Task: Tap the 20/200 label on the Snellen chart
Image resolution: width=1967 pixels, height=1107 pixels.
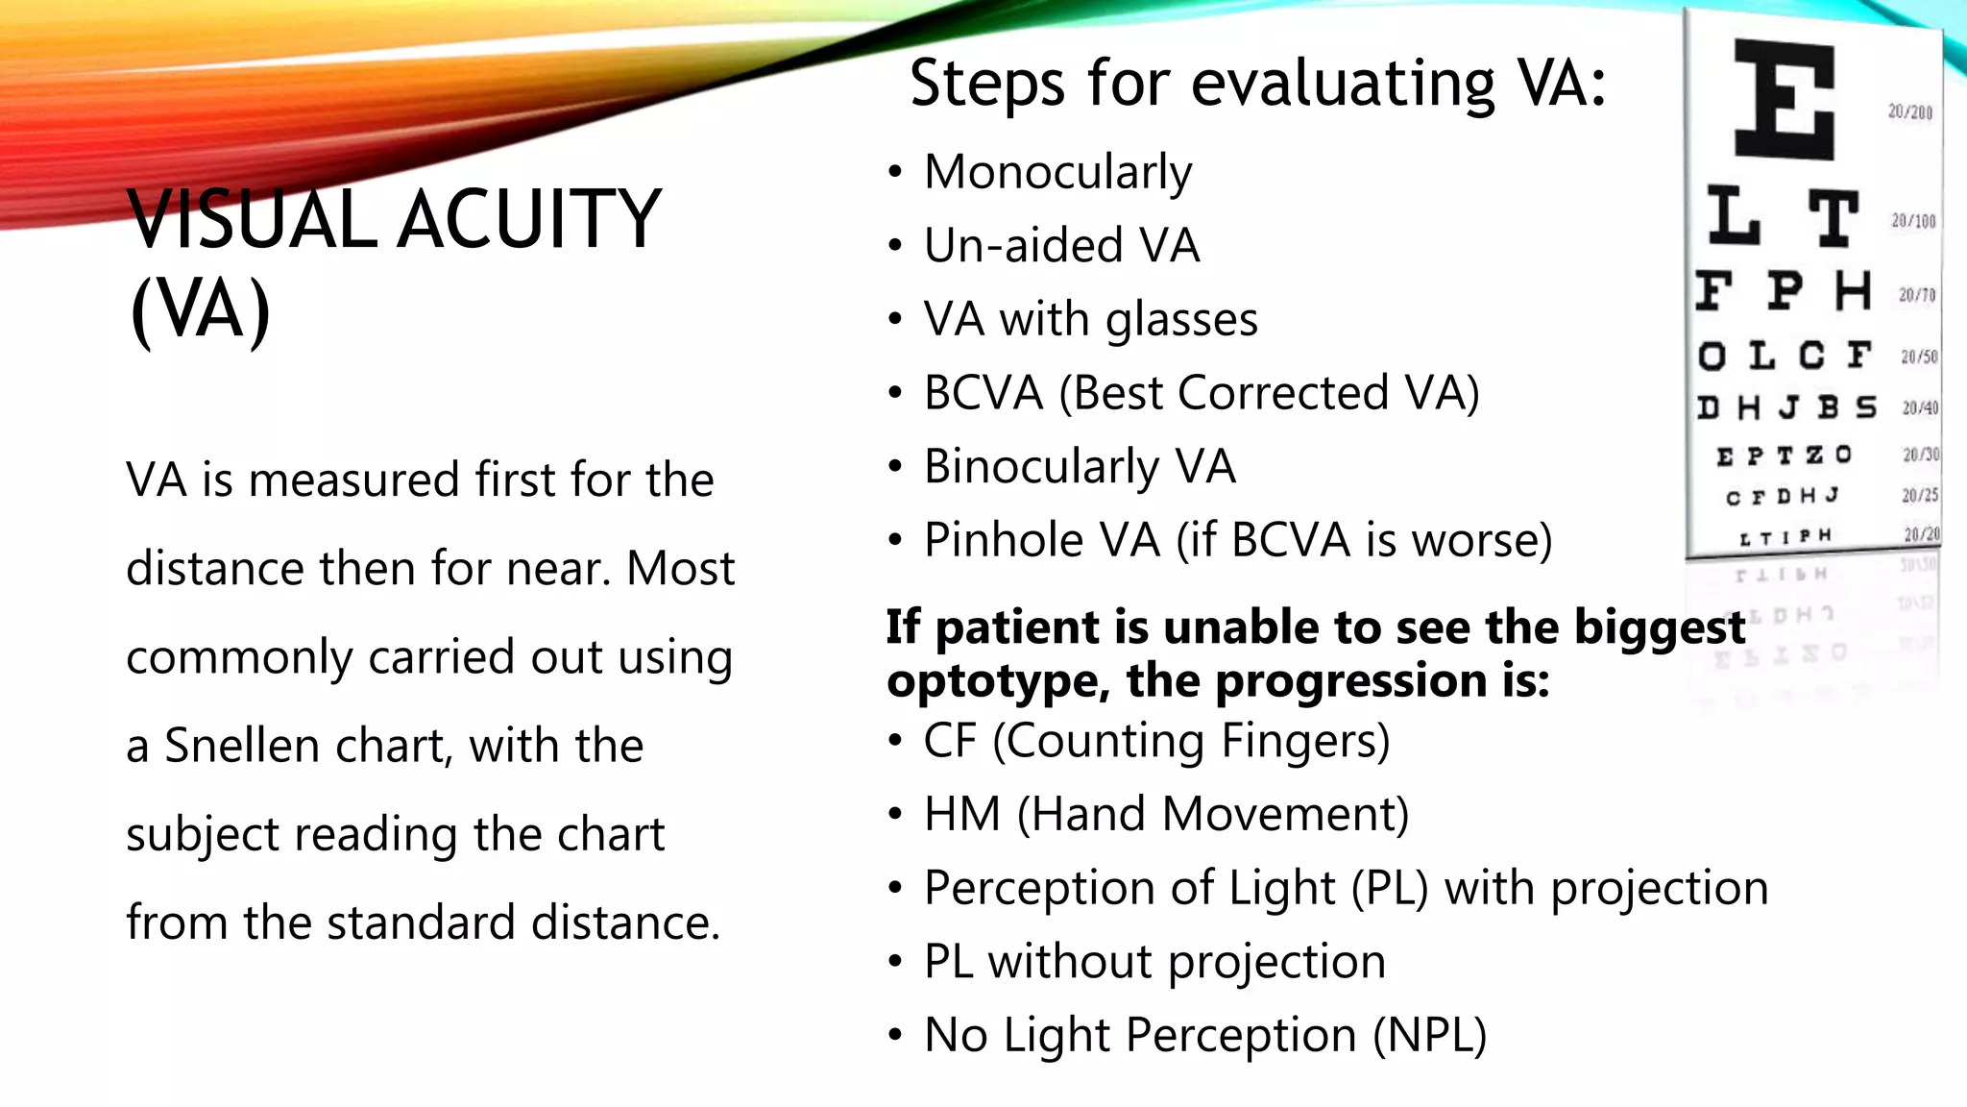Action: pos(1909,111)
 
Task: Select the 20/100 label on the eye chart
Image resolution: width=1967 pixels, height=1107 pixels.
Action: pos(1913,221)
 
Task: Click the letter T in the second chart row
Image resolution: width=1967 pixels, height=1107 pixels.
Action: pos(1833,218)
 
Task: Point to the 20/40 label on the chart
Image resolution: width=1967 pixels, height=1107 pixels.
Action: pos(1920,407)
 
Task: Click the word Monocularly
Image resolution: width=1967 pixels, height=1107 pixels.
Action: pos(1057,173)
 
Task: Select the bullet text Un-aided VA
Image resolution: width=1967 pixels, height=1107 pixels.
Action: pos(1061,246)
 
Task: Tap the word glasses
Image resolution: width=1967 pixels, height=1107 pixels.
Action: pos(1180,320)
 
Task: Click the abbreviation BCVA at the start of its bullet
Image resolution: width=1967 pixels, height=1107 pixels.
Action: pos(983,393)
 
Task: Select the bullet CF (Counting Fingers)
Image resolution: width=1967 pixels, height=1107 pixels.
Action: pos(1156,742)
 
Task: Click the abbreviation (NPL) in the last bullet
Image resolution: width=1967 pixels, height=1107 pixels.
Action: pos(1429,1036)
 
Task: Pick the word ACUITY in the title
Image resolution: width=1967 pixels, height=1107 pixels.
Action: pos(529,220)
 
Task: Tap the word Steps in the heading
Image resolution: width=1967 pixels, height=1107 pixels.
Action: pos(989,83)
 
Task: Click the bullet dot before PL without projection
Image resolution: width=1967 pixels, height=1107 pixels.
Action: pos(895,962)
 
